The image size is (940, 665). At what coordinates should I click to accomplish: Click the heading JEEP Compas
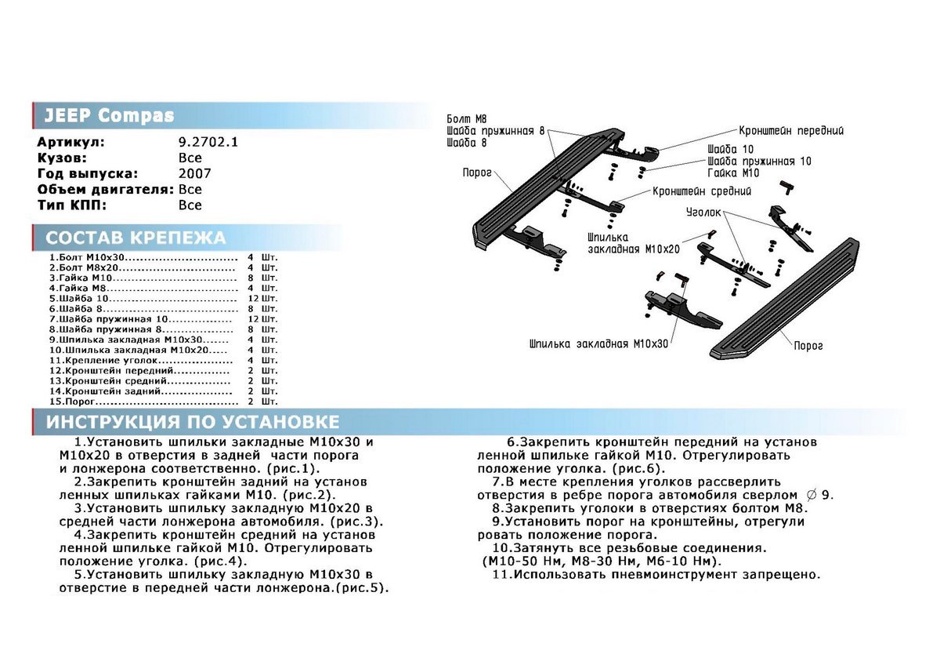109,116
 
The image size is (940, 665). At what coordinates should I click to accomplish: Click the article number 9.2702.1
208,143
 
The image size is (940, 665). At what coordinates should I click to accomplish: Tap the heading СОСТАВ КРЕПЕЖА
136,238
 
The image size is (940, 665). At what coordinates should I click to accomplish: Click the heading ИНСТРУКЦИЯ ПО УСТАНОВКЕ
193,423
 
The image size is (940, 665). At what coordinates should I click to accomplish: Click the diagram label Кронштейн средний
702,191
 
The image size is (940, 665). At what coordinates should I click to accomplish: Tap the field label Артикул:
70,143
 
